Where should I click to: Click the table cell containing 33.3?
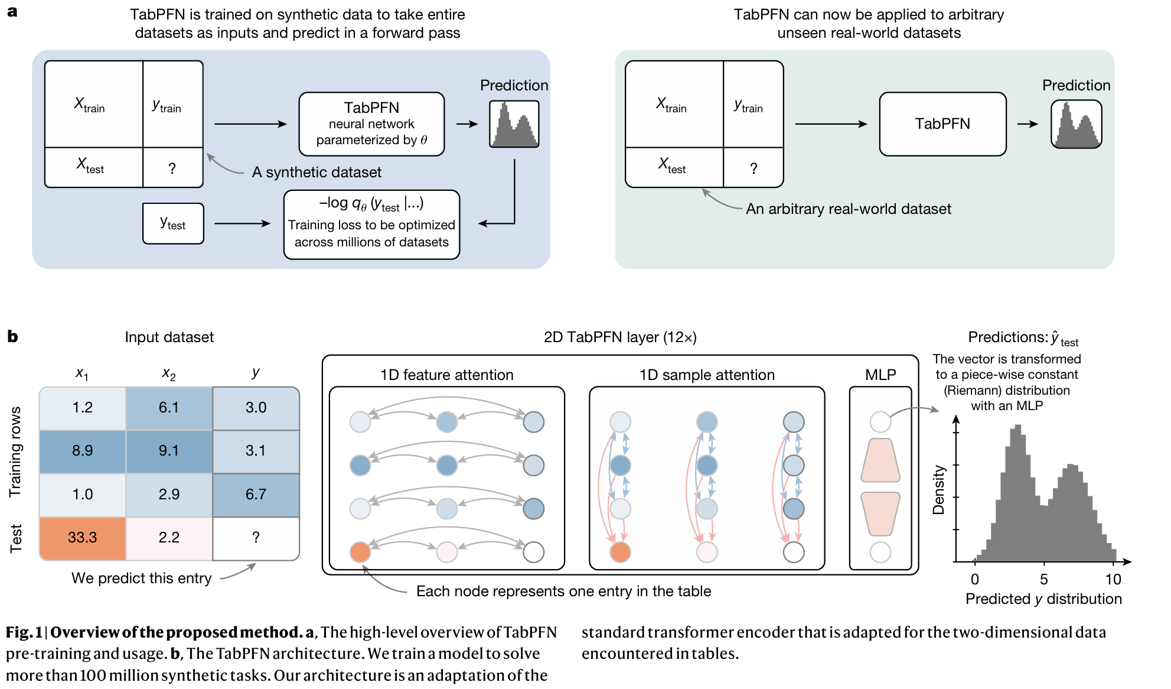[83, 538]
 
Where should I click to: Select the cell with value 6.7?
[256, 495]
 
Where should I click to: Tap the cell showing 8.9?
[83, 451]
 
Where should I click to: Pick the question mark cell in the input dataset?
[256, 538]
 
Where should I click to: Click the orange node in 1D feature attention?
[360, 552]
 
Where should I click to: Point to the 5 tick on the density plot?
[1044, 579]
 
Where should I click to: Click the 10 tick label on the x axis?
[1113, 579]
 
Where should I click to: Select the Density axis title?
[938, 490]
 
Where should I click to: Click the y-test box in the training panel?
[173, 223]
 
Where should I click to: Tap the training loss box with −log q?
[371, 225]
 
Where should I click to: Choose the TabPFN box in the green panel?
[942, 124]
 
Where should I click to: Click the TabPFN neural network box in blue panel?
[371, 124]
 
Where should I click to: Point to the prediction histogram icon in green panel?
[1076, 124]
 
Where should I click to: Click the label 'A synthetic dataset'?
[317, 173]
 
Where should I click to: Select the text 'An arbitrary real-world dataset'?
[848, 209]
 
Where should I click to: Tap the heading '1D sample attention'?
[707, 375]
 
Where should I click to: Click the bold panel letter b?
[12, 337]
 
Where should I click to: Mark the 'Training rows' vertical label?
[15, 451]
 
